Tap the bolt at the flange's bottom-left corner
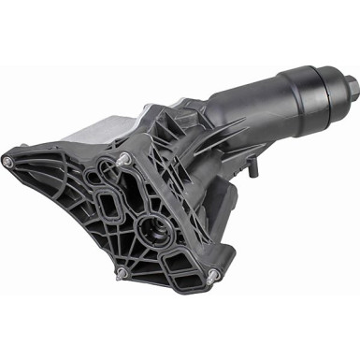coord(120,273)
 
